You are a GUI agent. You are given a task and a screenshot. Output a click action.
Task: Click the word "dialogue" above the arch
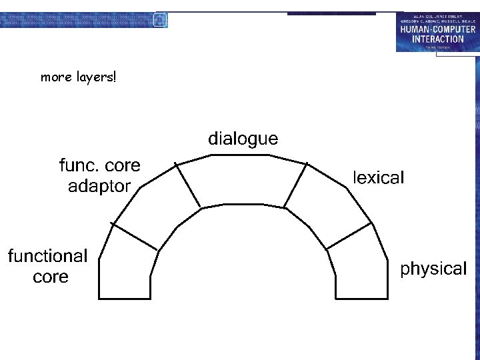tap(243, 139)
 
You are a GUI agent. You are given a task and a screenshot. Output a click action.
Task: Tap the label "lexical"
tap(378, 178)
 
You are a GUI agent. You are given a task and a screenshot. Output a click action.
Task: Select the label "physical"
tap(433, 269)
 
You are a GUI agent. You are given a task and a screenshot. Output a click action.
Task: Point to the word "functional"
tap(47, 256)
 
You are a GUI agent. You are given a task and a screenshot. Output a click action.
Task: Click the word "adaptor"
tap(99, 187)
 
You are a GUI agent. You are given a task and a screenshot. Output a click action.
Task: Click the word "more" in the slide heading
tap(55, 77)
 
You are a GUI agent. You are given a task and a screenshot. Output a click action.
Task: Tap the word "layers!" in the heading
tap(95, 78)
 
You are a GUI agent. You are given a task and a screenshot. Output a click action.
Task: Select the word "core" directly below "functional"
tap(51, 277)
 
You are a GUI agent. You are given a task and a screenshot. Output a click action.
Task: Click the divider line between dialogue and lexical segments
tap(296, 185)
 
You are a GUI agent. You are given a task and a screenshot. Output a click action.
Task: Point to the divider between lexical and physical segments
tap(349, 237)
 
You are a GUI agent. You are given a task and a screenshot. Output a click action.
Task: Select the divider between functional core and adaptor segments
tap(134, 237)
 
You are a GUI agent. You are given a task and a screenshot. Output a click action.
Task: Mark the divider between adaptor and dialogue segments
tap(188, 185)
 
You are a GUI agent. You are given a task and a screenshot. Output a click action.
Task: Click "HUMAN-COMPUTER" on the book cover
tap(437, 29)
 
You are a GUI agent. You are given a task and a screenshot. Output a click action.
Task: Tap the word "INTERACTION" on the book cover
tap(437, 39)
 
